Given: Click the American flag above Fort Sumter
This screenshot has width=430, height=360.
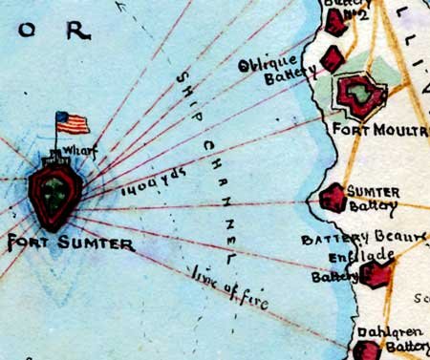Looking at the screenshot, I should (x=73, y=122).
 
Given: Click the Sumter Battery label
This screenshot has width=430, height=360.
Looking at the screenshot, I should (x=373, y=198).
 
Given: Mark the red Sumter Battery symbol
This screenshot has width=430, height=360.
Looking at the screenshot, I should (x=333, y=199).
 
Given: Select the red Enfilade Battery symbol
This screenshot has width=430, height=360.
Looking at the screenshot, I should (x=376, y=276).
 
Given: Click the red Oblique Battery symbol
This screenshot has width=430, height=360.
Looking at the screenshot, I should (x=331, y=59).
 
